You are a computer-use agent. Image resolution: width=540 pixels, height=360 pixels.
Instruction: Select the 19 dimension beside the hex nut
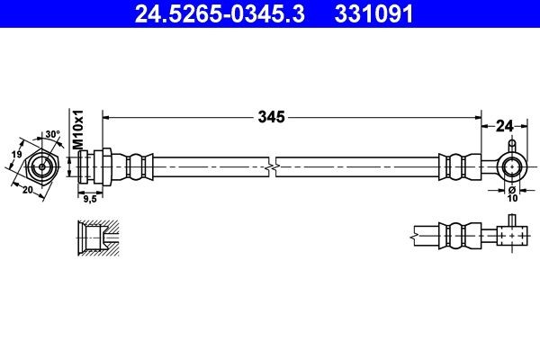14,155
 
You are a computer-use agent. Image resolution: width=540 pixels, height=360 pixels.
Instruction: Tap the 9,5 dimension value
90,200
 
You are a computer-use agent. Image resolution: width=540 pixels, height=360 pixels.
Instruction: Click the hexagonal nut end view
41,167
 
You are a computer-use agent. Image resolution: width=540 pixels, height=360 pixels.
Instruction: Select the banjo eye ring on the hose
511,166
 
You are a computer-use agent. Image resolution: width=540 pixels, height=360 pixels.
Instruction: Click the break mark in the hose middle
273,166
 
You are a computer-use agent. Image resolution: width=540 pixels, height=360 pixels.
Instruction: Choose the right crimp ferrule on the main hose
455,166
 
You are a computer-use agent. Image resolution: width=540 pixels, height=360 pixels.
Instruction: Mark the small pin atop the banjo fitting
511,144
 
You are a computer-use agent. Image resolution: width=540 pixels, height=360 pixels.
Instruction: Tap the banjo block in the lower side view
511,238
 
